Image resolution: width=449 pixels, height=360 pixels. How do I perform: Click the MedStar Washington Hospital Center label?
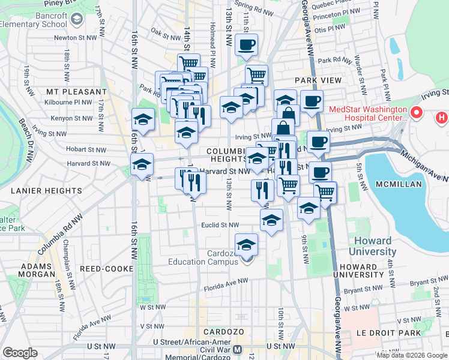pyautogui.click(x=368, y=117)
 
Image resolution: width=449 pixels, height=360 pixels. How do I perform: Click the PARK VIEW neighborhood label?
pyautogui.click(x=318, y=80)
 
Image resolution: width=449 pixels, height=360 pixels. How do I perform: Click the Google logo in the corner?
pyautogui.click(x=20, y=352)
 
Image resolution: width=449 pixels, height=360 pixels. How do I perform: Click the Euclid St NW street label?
pyautogui.click(x=220, y=226)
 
